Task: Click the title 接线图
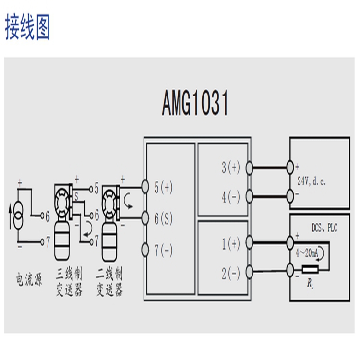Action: click(x=28, y=27)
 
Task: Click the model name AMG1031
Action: click(x=195, y=104)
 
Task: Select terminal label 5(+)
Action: click(x=164, y=188)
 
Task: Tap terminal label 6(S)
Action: click(x=164, y=219)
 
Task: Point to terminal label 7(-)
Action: click(x=164, y=251)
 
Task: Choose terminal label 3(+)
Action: click(x=230, y=168)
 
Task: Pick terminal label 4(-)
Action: click(x=230, y=197)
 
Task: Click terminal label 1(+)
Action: click(x=230, y=244)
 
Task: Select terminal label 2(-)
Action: click(x=230, y=274)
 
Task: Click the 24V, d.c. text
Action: click(x=313, y=181)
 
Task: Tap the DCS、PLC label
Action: click(x=324, y=228)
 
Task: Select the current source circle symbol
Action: click(x=18, y=211)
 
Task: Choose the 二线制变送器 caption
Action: click(x=109, y=282)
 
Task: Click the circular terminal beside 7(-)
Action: click(x=145, y=250)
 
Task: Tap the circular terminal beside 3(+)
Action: click(x=249, y=167)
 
